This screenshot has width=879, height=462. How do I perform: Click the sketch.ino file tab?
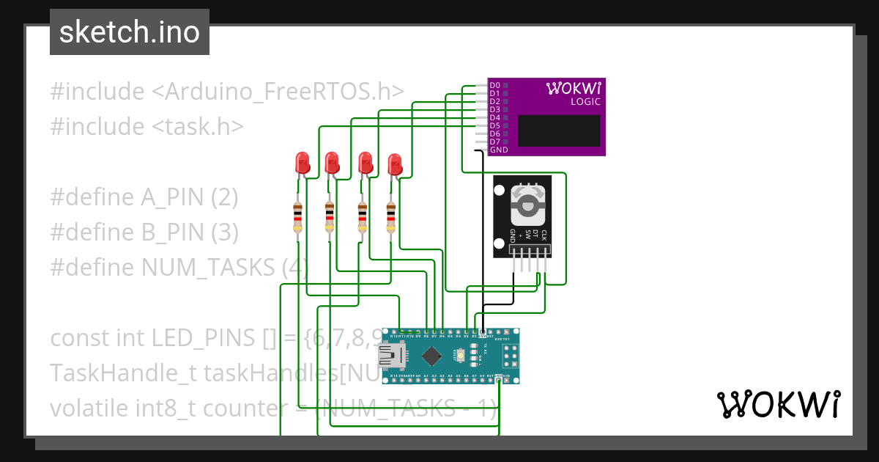pyautogui.click(x=130, y=32)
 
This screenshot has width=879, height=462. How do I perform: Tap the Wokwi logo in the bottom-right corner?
pyautogui.click(x=777, y=404)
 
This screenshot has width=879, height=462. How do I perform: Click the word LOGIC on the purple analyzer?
pyautogui.click(x=585, y=102)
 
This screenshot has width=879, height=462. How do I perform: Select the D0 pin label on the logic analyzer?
pyautogui.click(x=494, y=86)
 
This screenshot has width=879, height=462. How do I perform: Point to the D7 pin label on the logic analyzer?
pyautogui.click(x=494, y=142)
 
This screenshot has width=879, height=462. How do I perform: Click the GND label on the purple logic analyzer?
pyautogui.click(x=498, y=150)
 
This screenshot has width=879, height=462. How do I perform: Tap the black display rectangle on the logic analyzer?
pyautogui.click(x=559, y=130)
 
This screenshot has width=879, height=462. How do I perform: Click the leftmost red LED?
pyautogui.click(x=301, y=162)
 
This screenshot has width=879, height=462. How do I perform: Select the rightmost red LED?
pyautogui.click(x=396, y=164)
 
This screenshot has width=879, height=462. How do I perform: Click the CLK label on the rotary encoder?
pyautogui.click(x=544, y=235)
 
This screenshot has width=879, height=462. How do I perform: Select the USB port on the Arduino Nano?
pyautogui.click(x=389, y=356)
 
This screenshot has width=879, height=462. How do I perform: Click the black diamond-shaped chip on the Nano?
pyautogui.click(x=433, y=356)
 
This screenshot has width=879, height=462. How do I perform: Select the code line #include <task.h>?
pyautogui.click(x=146, y=127)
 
